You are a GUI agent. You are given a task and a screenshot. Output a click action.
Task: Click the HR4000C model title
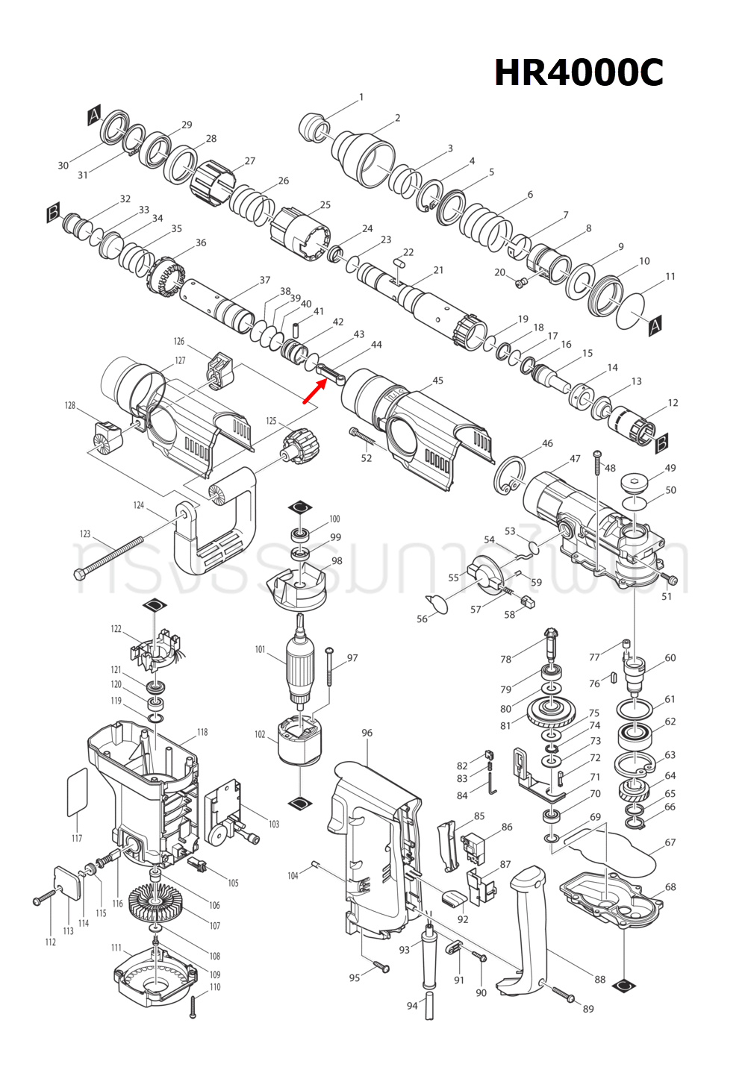[x=579, y=73]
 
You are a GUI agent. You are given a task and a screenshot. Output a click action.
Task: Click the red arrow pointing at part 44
[x=314, y=391]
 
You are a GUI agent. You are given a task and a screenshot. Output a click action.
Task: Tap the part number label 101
[x=260, y=649]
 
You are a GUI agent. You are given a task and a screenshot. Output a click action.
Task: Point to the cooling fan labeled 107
[x=155, y=904]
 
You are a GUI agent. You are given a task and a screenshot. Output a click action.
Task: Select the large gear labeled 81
[x=550, y=717]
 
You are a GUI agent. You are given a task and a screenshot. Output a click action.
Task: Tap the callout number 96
[x=367, y=733]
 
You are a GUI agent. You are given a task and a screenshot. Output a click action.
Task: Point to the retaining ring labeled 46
[x=511, y=475]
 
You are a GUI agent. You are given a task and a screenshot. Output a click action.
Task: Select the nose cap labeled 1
[x=314, y=128]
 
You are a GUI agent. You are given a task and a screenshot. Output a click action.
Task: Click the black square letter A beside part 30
[x=94, y=115]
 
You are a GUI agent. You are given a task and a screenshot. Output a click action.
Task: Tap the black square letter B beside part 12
[x=661, y=445]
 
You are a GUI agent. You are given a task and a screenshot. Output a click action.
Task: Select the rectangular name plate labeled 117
[x=78, y=792]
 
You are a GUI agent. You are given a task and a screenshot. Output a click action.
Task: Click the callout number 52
[x=366, y=457]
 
